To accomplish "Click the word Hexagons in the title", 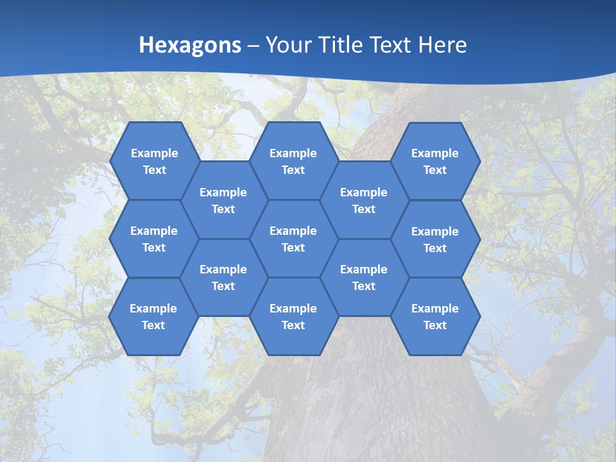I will coord(190,45).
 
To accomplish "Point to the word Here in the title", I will coord(442,45).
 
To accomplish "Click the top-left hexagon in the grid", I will coord(154,161).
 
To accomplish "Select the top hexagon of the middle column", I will coord(293,161).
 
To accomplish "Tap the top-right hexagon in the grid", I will coord(435,161).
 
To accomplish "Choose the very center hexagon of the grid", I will coord(293,239).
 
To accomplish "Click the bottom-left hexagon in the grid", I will coord(153,316).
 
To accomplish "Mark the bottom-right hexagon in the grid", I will coord(435,316).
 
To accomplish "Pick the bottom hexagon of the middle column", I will coord(293,316).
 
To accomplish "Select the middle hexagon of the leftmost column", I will coord(154,239).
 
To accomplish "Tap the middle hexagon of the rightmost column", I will coord(435,239).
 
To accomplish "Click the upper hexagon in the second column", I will coord(223,200).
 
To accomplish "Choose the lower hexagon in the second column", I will coord(223,277).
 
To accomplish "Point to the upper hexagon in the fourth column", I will coord(364,200).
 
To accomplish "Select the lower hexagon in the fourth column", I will coord(364,277).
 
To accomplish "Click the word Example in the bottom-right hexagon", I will coord(435,309).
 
